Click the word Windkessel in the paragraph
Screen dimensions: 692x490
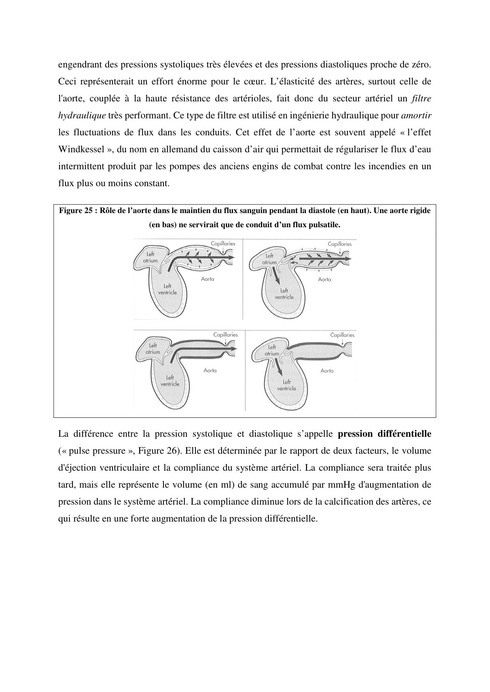coord(81,150)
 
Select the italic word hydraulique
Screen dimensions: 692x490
coord(82,116)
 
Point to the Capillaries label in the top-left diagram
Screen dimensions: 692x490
coord(223,243)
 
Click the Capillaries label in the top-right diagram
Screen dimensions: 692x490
coord(340,244)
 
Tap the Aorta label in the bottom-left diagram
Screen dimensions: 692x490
coord(210,370)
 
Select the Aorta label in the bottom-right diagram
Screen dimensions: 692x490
coord(327,370)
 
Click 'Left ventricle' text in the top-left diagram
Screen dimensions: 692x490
coord(167,289)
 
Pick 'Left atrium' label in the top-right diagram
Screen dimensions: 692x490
coord(269,259)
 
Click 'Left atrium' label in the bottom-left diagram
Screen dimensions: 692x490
coord(153,349)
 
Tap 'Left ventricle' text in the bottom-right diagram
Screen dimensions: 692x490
coord(287,385)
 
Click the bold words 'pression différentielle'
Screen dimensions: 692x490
coord(385,434)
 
